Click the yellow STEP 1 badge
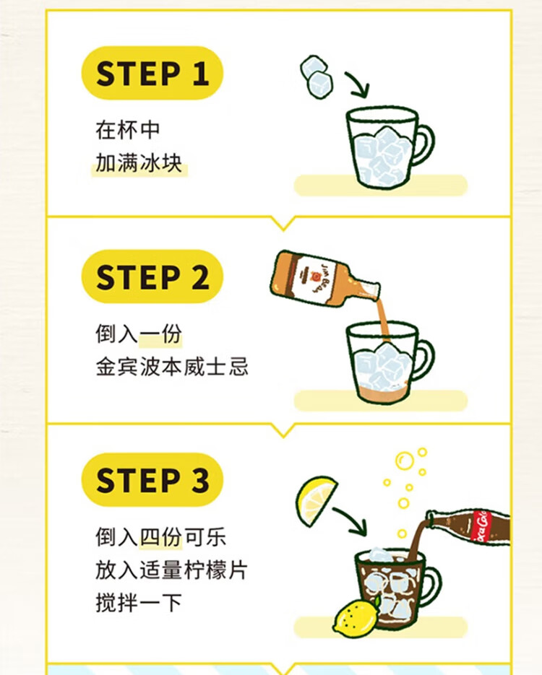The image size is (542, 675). click(152, 73)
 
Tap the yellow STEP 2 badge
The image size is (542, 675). click(152, 276)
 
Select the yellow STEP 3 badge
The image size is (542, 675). click(152, 480)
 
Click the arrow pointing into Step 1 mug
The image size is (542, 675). click(358, 84)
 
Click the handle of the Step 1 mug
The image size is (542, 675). click(426, 144)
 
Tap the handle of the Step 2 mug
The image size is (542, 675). click(426, 359)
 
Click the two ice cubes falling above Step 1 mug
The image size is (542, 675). click(317, 77)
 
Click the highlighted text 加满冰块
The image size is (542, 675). click(139, 163)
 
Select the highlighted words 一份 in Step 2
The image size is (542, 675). click(160, 334)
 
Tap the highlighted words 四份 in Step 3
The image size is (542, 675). click(160, 537)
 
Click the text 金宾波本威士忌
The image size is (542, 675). click(172, 367)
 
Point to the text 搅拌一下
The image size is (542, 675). click(139, 602)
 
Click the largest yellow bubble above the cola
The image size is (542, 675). click(405, 461)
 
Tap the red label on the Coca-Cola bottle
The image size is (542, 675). click(481, 527)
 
